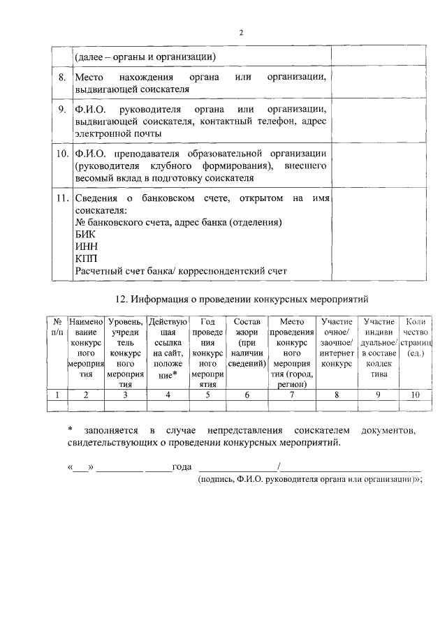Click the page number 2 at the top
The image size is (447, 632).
tap(242, 33)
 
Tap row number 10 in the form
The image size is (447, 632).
tap(61, 154)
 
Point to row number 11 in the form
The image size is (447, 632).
tap(61, 199)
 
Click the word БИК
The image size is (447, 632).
tap(85, 235)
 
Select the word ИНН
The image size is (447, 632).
tap(87, 247)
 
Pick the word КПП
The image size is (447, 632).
tap(87, 258)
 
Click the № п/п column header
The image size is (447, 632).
tap(57, 327)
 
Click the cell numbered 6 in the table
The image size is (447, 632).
tap(247, 395)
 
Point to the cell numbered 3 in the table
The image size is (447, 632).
tap(126, 395)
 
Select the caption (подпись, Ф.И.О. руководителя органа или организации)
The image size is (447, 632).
tap(312, 480)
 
